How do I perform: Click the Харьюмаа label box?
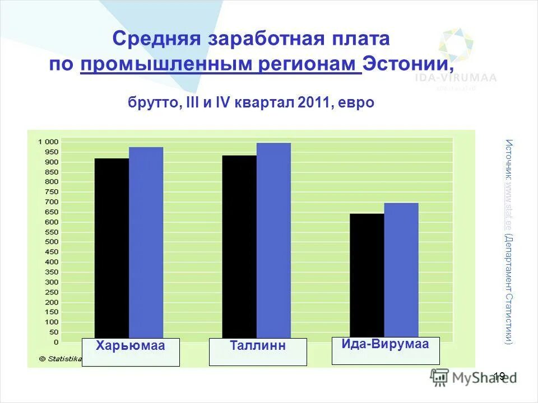tap(131, 352)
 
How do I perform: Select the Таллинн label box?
tap(258, 352)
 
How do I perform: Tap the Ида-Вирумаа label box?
tap(386, 351)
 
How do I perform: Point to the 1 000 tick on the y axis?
tap(48, 142)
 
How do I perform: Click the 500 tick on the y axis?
tap(51, 242)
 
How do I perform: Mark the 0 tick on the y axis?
tap(55, 342)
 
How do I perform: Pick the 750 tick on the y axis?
tap(51, 192)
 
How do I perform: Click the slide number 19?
tap(500, 376)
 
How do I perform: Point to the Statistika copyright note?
tap(61, 358)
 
